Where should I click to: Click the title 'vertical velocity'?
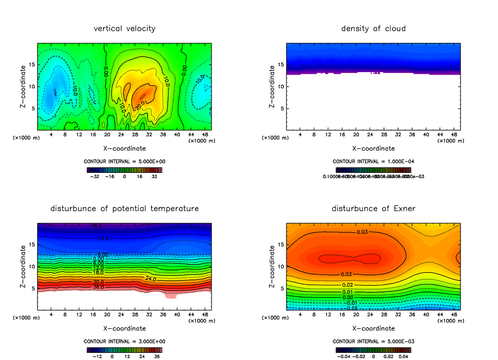pyautogui.click(x=124, y=29)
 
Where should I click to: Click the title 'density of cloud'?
pyautogui.click(x=373, y=29)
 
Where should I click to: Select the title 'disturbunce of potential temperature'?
pyautogui.click(x=124, y=208)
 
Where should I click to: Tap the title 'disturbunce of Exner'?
pyautogui.click(x=373, y=208)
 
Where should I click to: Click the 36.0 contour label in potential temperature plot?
pyautogui.click(x=98, y=287)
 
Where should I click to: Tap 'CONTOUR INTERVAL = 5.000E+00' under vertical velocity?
pyautogui.click(x=124, y=161)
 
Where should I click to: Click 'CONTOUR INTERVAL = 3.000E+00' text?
pyautogui.click(x=124, y=341)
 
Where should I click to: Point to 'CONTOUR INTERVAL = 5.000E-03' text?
pyautogui.click(x=373, y=341)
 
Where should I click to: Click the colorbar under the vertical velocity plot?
pyautogui.click(x=124, y=170)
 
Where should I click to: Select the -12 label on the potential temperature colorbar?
pyautogui.click(x=97, y=356)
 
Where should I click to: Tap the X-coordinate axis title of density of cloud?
pyautogui.click(x=373, y=148)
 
